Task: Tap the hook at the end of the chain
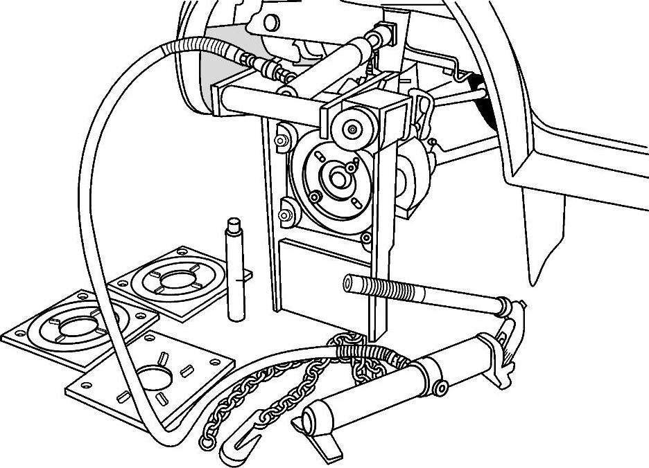click(x=236, y=447)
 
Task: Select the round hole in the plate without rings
click(x=157, y=380)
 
